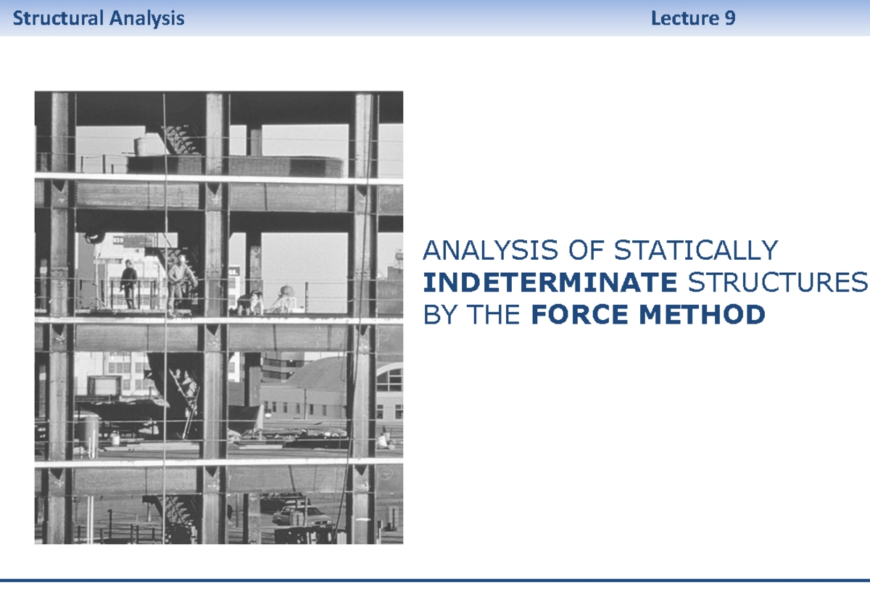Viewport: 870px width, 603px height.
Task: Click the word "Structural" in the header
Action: (x=59, y=18)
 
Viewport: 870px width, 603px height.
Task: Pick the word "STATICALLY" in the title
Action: (x=695, y=251)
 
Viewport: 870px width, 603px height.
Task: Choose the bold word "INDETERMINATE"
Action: (x=550, y=283)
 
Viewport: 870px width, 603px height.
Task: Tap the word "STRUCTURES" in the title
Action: (x=777, y=283)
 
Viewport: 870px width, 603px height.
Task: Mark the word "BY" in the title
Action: (x=439, y=315)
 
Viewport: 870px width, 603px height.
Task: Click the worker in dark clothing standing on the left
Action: (x=129, y=284)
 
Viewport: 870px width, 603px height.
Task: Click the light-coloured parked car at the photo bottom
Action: (x=301, y=515)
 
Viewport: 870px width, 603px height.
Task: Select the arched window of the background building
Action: (x=390, y=379)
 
